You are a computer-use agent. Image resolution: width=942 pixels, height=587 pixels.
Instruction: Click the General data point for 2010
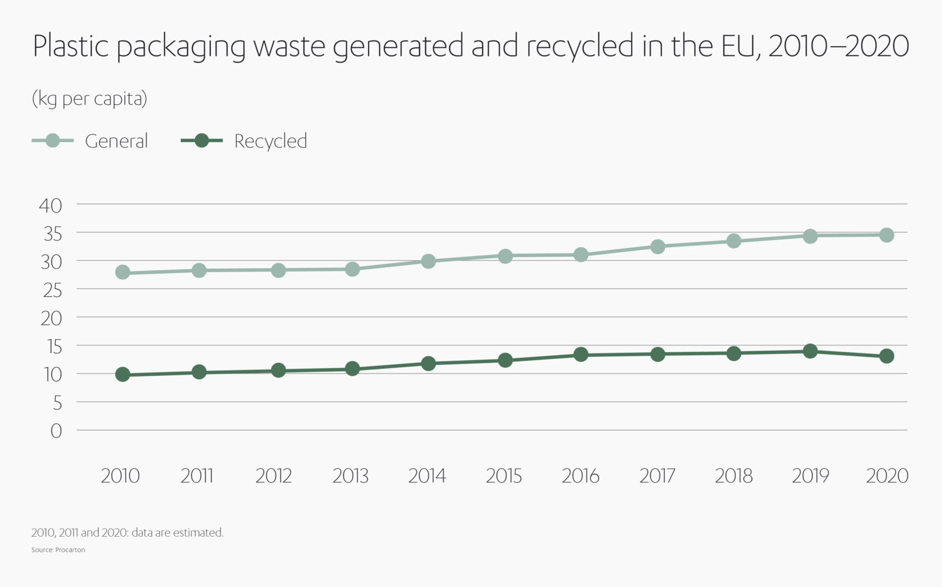(123, 272)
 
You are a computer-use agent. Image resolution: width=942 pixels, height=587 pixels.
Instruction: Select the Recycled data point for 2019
(810, 351)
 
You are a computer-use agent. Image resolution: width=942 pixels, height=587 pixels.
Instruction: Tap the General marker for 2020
(887, 235)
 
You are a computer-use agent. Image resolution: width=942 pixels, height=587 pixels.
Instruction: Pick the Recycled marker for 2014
(429, 364)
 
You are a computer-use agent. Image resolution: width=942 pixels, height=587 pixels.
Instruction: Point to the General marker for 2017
(657, 247)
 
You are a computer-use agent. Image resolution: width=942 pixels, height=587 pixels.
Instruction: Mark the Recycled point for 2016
(581, 355)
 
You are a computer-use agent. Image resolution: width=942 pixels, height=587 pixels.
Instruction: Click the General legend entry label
(117, 141)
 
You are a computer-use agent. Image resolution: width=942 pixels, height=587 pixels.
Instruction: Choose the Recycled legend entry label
(270, 141)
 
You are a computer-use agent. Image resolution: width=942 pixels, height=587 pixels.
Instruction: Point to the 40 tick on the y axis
(51, 205)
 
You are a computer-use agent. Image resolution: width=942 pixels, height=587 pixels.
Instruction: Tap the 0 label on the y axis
(56, 431)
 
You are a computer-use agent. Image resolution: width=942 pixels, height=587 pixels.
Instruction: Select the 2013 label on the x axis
(350, 476)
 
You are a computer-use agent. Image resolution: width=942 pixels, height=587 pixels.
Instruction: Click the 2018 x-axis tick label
(733, 476)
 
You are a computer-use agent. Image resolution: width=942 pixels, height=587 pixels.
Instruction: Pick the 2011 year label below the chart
(197, 476)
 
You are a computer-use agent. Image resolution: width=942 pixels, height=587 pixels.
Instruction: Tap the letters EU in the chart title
(741, 47)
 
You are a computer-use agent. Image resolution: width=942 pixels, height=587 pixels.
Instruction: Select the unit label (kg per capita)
(90, 99)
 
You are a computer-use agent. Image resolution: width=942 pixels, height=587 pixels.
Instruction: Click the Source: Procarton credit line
(58, 550)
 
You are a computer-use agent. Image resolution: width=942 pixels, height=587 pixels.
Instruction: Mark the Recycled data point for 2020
(887, 356)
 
